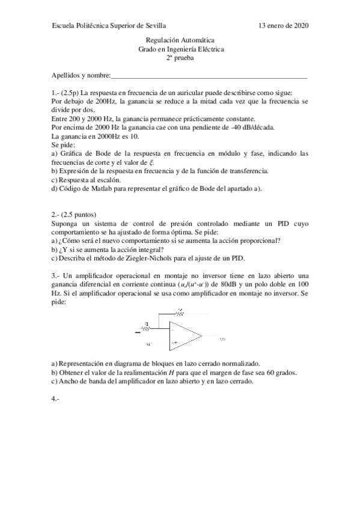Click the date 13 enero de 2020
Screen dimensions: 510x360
pyautogui.click(x=283, y=26)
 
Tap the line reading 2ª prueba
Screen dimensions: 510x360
pyautogui.click(x=180, y=58)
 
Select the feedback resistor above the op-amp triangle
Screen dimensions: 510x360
pyautogui.click(x=179, y=313)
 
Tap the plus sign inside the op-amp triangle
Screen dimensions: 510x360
pyautogui.click(x=175, y=342)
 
